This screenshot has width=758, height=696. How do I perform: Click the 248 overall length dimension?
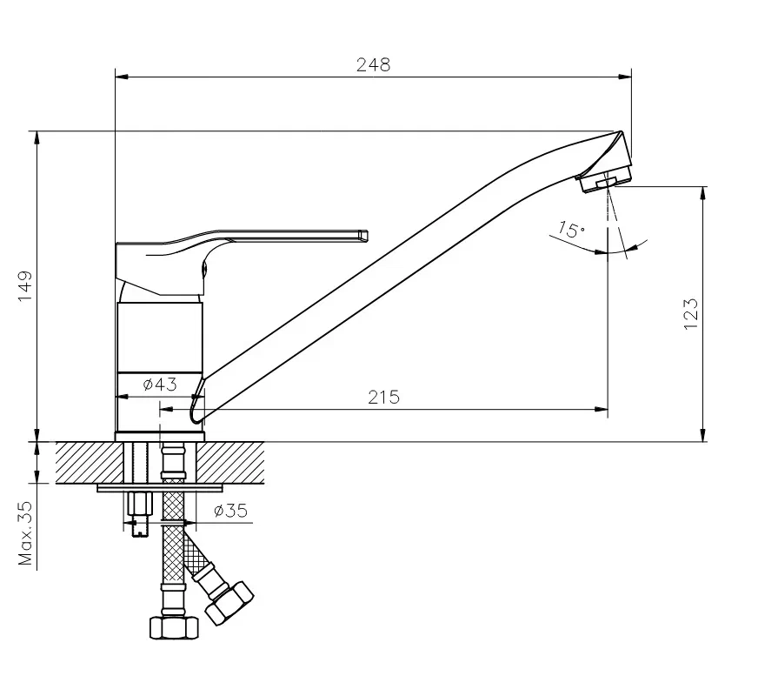tap(373, 64)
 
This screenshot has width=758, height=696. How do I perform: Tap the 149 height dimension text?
tap(25, 286)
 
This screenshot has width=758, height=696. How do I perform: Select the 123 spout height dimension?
tap(691, 314)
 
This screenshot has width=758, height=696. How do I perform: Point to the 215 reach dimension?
tap(384, 397)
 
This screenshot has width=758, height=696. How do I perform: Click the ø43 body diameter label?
tap(160, 385)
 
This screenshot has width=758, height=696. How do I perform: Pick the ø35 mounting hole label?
tap(230, 511)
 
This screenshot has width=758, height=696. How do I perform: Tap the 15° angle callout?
tap(571, 230)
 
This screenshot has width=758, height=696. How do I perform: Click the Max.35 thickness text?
tap(25, 533)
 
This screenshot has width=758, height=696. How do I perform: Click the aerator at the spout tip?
tap(604, 179)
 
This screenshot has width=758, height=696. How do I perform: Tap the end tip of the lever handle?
tap(365, 235)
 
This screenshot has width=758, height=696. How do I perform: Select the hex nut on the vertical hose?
tap(174, 628)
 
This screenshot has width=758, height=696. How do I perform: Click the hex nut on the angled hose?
tap(229, 603)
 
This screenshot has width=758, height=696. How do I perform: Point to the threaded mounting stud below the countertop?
tap(139, 513)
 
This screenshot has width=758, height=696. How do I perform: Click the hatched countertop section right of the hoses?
tap(230, 462)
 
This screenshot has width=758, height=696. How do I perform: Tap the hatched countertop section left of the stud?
tap(90, 462)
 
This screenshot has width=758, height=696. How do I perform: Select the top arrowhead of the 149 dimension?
tap(37, 137)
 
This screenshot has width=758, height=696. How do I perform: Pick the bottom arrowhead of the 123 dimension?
tap(703, 435)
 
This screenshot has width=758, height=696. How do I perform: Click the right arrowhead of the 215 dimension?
tap(602, 410)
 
